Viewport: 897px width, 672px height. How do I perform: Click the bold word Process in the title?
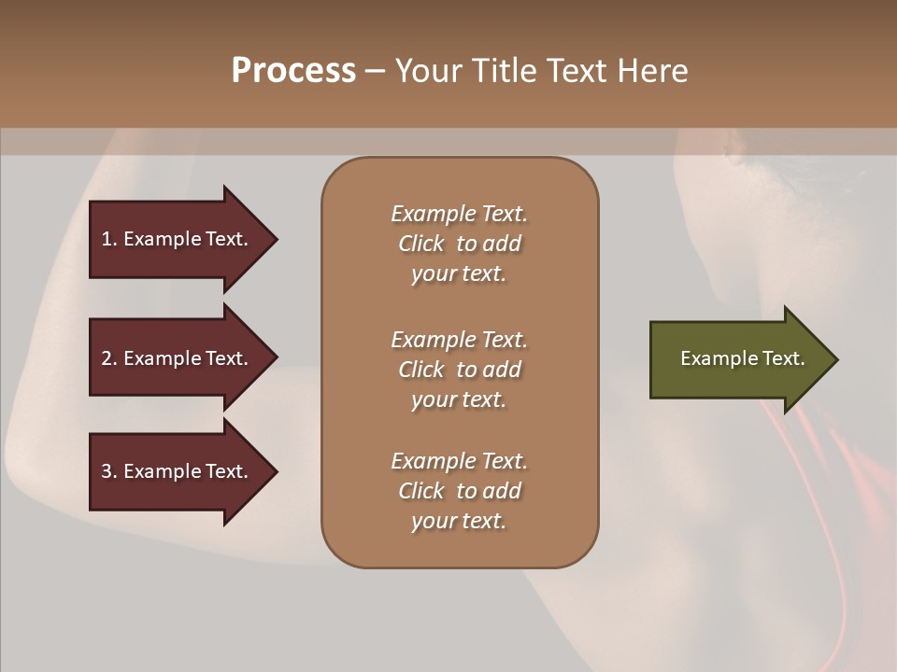(x=293, y=71)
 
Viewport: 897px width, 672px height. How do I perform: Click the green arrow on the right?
(x=738, y=359)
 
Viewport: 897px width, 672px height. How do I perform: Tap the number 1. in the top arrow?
(x=109, y=239)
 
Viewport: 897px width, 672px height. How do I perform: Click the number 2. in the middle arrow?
(x=109, y=358)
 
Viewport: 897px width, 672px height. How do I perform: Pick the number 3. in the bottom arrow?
(x=109, y=471)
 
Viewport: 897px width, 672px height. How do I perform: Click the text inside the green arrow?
(x=742, y=358)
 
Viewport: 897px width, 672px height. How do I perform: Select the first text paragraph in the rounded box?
(x=459, y=244)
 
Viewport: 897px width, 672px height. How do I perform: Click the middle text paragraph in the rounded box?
(x=459, y=370)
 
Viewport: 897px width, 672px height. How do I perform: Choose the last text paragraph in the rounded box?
(x=459, y=491)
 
